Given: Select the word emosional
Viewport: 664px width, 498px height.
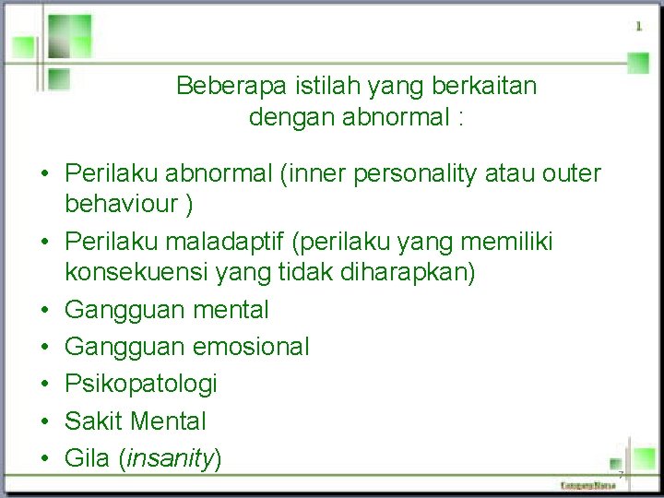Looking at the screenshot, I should (x=251, y=347).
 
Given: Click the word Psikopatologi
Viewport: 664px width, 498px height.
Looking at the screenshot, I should (x=140, y=384).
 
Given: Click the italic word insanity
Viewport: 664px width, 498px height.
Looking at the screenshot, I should (x=169, y=458).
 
